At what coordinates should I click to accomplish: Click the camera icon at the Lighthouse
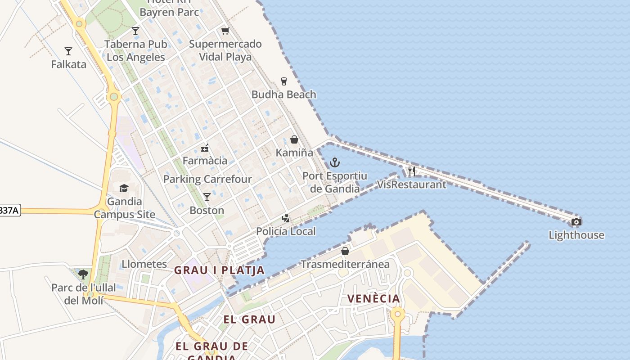click(576, 222)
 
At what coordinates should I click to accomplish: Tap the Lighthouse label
click(576, 235)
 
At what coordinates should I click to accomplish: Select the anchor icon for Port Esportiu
click(334, 162)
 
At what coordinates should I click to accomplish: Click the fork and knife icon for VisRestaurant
click(411, 171)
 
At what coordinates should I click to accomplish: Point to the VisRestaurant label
click(411, 184)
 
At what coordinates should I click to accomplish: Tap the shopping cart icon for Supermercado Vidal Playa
click(225, 31)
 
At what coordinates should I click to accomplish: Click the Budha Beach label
click(283, 94)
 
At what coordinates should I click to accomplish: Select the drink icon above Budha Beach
click(283, 81)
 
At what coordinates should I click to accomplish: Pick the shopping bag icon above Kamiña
click(294, 139)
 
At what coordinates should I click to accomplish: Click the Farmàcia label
click(205, 161)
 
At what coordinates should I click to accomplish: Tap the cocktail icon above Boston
click(207, 197)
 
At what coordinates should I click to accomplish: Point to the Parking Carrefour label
click(207, 179)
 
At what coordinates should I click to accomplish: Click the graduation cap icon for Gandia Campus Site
click(124, 188)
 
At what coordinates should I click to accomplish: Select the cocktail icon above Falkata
click(68, 51)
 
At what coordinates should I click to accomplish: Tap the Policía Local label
click(286, 231)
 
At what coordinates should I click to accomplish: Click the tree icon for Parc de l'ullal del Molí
click(83, 274)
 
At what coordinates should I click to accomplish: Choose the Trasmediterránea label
click(345, 264)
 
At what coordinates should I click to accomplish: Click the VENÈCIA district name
click(373, 299)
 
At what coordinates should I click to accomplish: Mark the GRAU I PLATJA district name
click(219, 270)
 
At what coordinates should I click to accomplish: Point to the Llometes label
click(144, 264)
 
